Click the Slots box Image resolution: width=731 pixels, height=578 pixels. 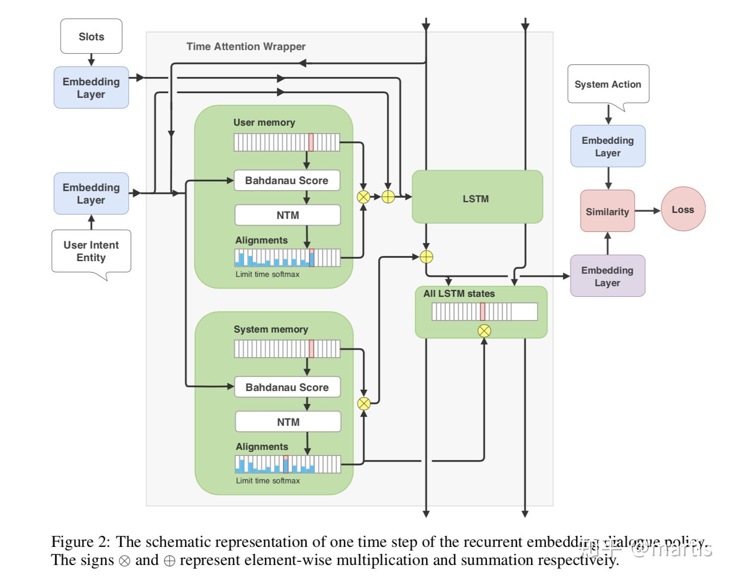coord(91,36)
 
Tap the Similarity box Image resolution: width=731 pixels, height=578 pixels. coord(607,211)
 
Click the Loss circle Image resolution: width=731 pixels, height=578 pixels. coord(683,209)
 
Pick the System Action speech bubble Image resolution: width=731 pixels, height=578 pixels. coord(607,84)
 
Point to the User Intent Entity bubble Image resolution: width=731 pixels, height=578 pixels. coord(91,251)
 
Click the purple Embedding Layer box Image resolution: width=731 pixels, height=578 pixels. coord(607,276)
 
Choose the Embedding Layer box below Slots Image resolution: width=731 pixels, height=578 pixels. coord(91,88)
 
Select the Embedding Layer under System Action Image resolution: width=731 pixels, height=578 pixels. coord(607,146)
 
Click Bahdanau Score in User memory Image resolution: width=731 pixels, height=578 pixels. coord(287,180)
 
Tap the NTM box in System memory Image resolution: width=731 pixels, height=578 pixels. coord(288,422)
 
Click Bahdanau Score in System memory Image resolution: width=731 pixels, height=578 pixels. coord(287,387)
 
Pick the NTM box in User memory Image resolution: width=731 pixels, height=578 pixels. coord(287,215)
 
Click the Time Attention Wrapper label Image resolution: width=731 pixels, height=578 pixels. coord(246,46)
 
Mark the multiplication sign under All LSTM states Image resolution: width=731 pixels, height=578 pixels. coord(484,331)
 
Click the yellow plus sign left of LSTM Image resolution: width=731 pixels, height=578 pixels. coord(388,197)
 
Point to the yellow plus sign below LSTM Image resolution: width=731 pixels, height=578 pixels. coord(426,257)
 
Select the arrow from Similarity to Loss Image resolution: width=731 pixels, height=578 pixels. coord(647,211)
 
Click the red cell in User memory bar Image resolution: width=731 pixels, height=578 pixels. coord(311,142)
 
